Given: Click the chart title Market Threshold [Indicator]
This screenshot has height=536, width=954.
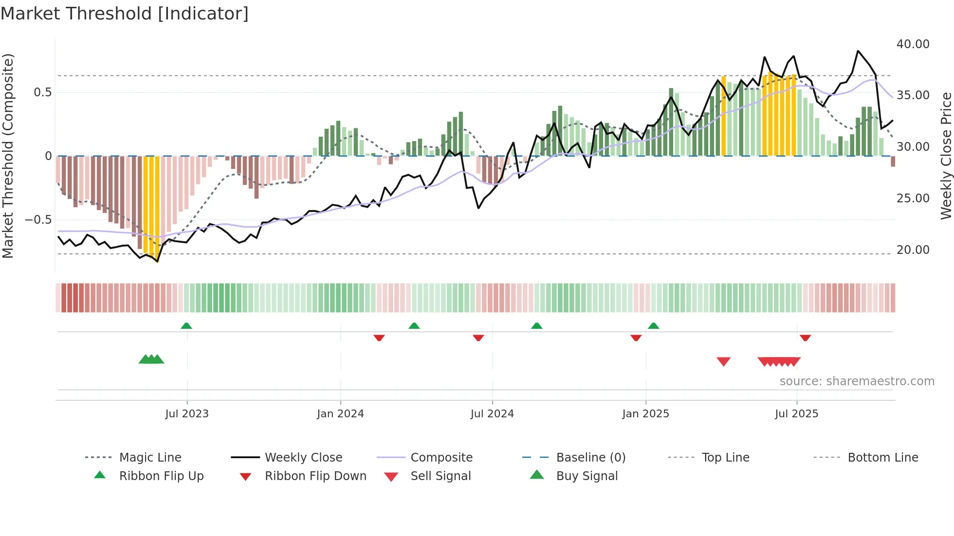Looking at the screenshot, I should click(125, 14).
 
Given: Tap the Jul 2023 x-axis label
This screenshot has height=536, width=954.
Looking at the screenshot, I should click(187, 414).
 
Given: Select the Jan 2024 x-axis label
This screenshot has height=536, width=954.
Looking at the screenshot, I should click(340, 414).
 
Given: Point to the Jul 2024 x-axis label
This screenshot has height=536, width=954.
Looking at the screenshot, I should click(492, 414).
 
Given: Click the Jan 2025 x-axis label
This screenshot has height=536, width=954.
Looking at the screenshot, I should click(645, 414).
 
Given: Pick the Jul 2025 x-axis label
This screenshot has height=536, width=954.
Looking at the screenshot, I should click(796, 414).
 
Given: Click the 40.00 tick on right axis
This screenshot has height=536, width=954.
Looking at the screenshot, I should click(913, 44).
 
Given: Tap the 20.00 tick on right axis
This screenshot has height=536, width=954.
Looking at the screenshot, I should click(913, 250).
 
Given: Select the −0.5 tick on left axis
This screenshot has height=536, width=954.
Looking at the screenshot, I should click(38, 220).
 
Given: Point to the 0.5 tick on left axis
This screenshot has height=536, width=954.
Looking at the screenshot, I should click(42, 92).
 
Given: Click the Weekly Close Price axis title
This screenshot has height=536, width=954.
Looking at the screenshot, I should click(946, 156).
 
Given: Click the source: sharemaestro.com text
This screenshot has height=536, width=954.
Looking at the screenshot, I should click(857, 381).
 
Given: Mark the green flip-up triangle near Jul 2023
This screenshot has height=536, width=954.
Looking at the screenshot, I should click(186, 326).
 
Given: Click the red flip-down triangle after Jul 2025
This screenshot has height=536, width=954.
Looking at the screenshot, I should click(805, 338).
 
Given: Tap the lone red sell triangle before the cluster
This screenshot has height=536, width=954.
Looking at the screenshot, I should click(724, 361).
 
